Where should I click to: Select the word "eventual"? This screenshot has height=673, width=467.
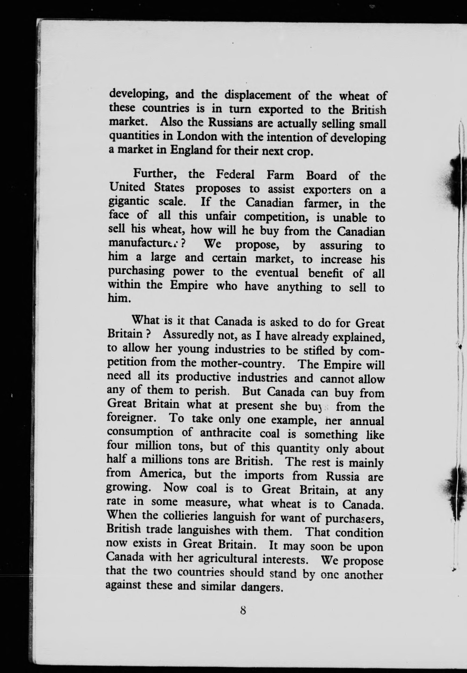[x=277, y=273]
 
